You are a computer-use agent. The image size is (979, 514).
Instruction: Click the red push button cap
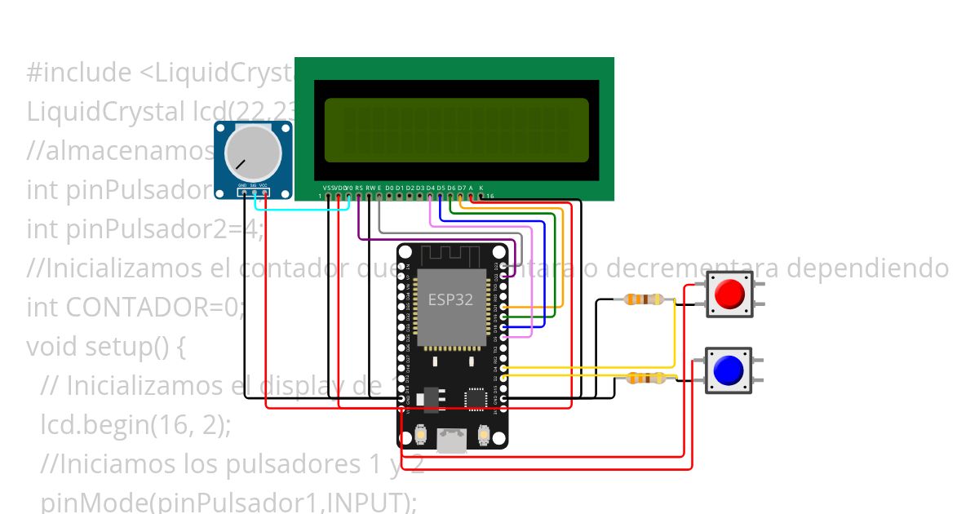(729, 294)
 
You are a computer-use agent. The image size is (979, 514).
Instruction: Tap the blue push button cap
(728, 370)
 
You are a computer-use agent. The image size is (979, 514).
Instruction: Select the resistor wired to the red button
(643, 299)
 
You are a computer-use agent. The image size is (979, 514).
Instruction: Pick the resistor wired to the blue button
(645, 378)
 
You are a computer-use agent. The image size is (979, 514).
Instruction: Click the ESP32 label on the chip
(450, 299)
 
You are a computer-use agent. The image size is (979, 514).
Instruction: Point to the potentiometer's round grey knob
(252, 154)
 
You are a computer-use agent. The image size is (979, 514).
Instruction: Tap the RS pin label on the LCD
(359, 188)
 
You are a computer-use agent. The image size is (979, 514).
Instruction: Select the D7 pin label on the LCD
(461, 188)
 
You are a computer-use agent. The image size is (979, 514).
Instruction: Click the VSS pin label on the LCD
(328, 188)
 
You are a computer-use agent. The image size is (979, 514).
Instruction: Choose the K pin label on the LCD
(481, 188)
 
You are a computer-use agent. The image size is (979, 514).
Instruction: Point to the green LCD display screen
(456, 131)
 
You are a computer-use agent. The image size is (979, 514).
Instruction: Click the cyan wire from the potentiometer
(302, 209)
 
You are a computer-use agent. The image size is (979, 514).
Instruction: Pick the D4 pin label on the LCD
(430, 188)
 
